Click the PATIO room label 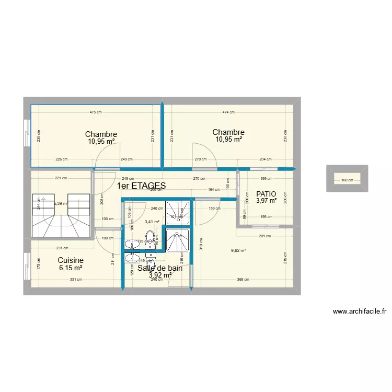266,193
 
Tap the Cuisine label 71,260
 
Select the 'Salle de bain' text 160,268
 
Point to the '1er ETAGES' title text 141,186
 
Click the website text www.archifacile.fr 360,312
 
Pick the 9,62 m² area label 238,250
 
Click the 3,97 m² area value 266,200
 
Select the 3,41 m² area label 152,222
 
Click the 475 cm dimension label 95,112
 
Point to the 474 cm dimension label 228,112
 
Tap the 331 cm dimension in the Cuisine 76,280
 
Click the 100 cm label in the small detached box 347,180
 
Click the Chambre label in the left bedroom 101,134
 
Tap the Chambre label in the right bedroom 228,132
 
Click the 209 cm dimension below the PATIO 264,236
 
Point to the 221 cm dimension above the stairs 61,178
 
